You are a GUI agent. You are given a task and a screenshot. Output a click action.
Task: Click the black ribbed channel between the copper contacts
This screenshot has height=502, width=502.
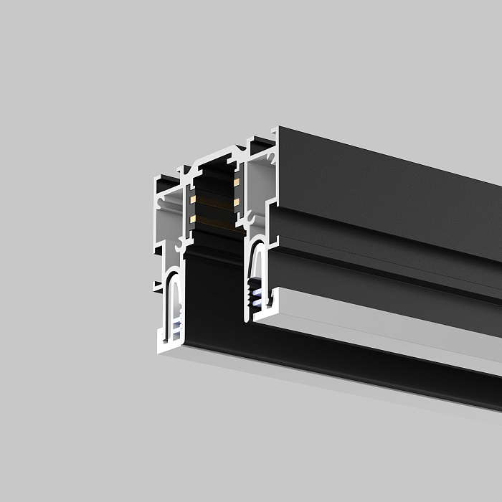pyautogui.click(x=214, y=201)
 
